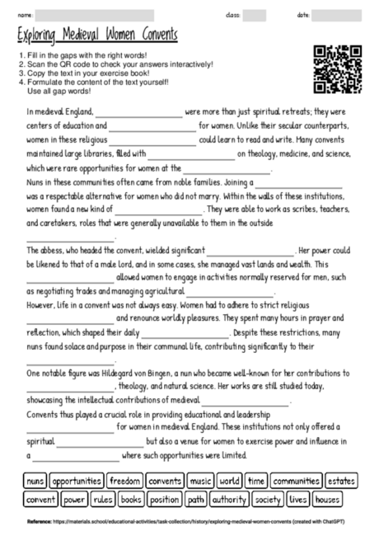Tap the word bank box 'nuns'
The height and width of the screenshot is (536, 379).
35,481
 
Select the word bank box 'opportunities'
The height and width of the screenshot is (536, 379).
77,481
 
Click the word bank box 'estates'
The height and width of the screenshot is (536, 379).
341,481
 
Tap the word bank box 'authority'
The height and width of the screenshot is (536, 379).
229,499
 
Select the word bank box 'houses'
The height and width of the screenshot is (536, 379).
327,499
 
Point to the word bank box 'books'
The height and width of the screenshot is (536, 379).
131,499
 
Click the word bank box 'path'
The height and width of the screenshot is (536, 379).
196,499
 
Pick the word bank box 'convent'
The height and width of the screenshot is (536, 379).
40,499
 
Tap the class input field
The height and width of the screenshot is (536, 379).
255,16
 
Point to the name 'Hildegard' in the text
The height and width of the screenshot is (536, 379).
148,374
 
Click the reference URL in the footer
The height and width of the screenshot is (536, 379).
206,522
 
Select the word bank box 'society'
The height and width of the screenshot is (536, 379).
268,499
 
